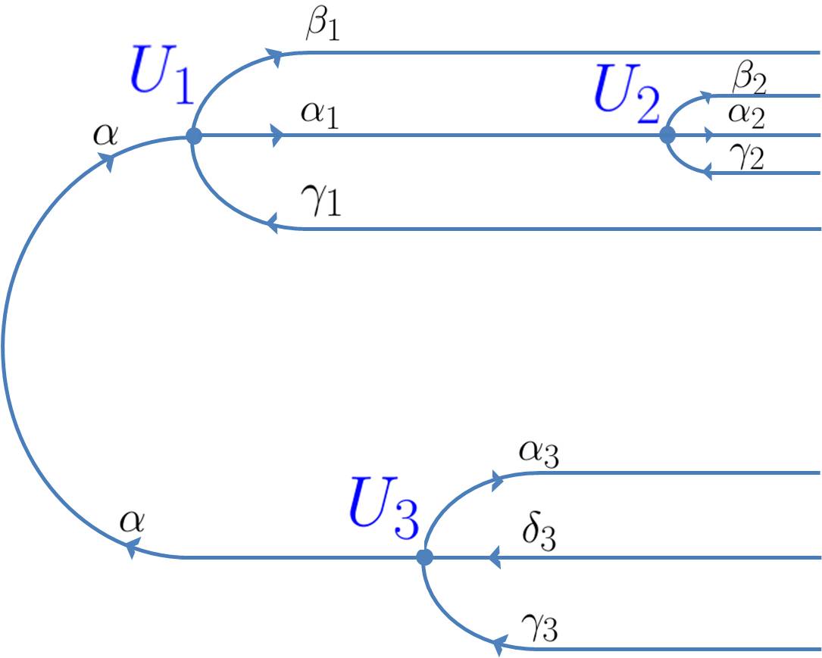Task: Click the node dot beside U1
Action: tap(194, 136)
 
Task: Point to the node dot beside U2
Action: tap(667, 135)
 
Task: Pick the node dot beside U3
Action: tap(425, 557)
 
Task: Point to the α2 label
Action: tap(746, 116)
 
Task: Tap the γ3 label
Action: tap(539, 629)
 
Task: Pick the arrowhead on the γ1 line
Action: tap(270, 224)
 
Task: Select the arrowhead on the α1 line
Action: tap(278, 136)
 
